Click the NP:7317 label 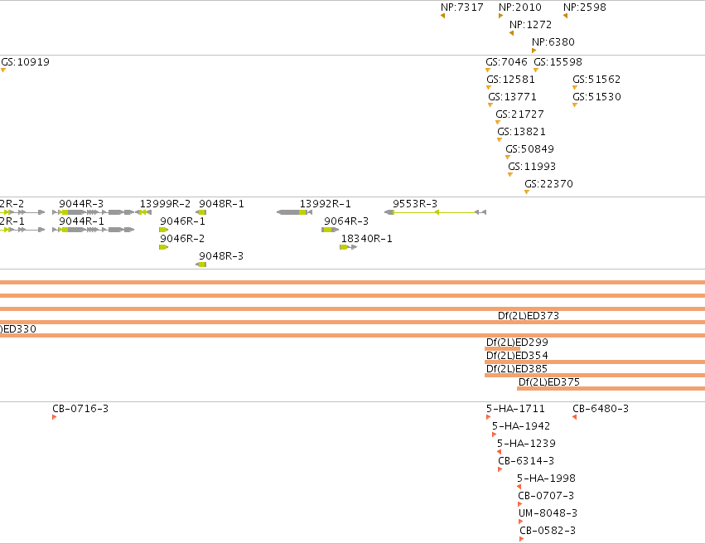point(462,7)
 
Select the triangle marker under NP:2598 point(565,16)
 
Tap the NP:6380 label point(553,41)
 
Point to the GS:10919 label point(25,61)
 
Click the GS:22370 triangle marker point(527,192)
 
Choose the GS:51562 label point(596,79)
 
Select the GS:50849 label point(529,149)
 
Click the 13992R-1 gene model point(294,212)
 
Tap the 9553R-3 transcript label point(414,204)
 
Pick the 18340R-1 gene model point(349,247)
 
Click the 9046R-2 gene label point(182,239)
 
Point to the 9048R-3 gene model point(201,265)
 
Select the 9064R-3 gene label point(346,221)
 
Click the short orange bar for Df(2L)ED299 point(502,349)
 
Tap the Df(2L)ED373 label point(529,316)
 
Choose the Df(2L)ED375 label point(549,382)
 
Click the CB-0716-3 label point(80,409)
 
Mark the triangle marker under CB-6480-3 point(574,417)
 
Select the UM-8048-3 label point(548,513)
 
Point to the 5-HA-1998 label point(546,478)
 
